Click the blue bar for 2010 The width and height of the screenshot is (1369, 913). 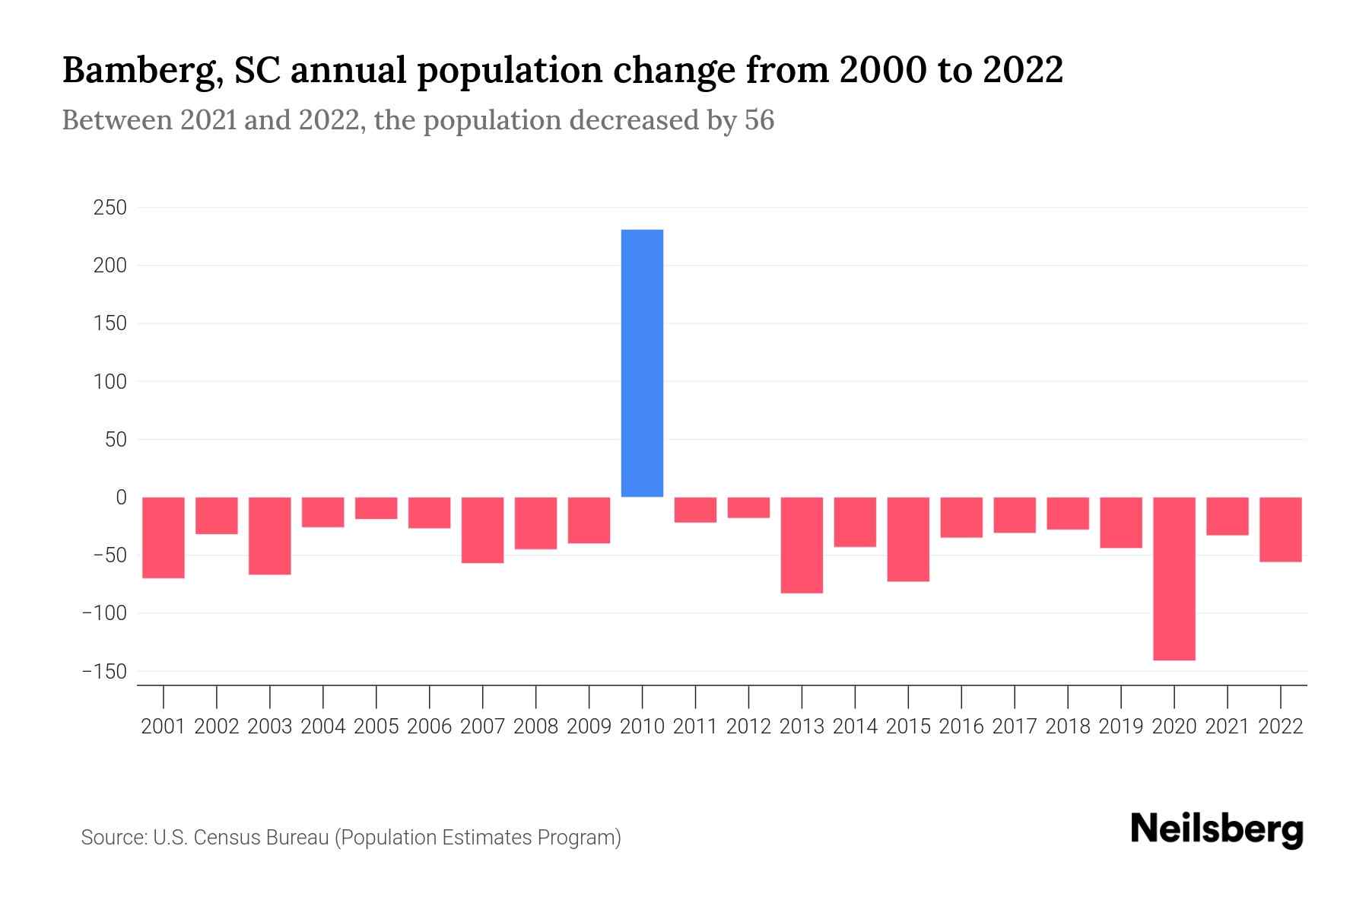click(642, 363)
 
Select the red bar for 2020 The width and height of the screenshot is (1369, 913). click(1174, 578)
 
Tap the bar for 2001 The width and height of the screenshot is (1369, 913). click(164, 537)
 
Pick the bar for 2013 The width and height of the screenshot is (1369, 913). click(802, 545)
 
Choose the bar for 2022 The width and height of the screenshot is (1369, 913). click(1281, 530)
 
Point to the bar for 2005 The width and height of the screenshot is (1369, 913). click(376, 508)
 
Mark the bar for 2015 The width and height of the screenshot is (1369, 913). click(908, 539)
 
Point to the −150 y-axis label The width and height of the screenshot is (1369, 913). click(104, 672)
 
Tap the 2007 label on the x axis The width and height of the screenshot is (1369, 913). click(482, 727)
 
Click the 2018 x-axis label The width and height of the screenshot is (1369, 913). click(1068, 727)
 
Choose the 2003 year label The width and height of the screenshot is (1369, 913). click(270, 727)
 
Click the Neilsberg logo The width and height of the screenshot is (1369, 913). click(1217, 829)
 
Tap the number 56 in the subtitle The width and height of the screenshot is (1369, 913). click(759, 120)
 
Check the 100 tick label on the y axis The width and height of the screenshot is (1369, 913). click(110, 382)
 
